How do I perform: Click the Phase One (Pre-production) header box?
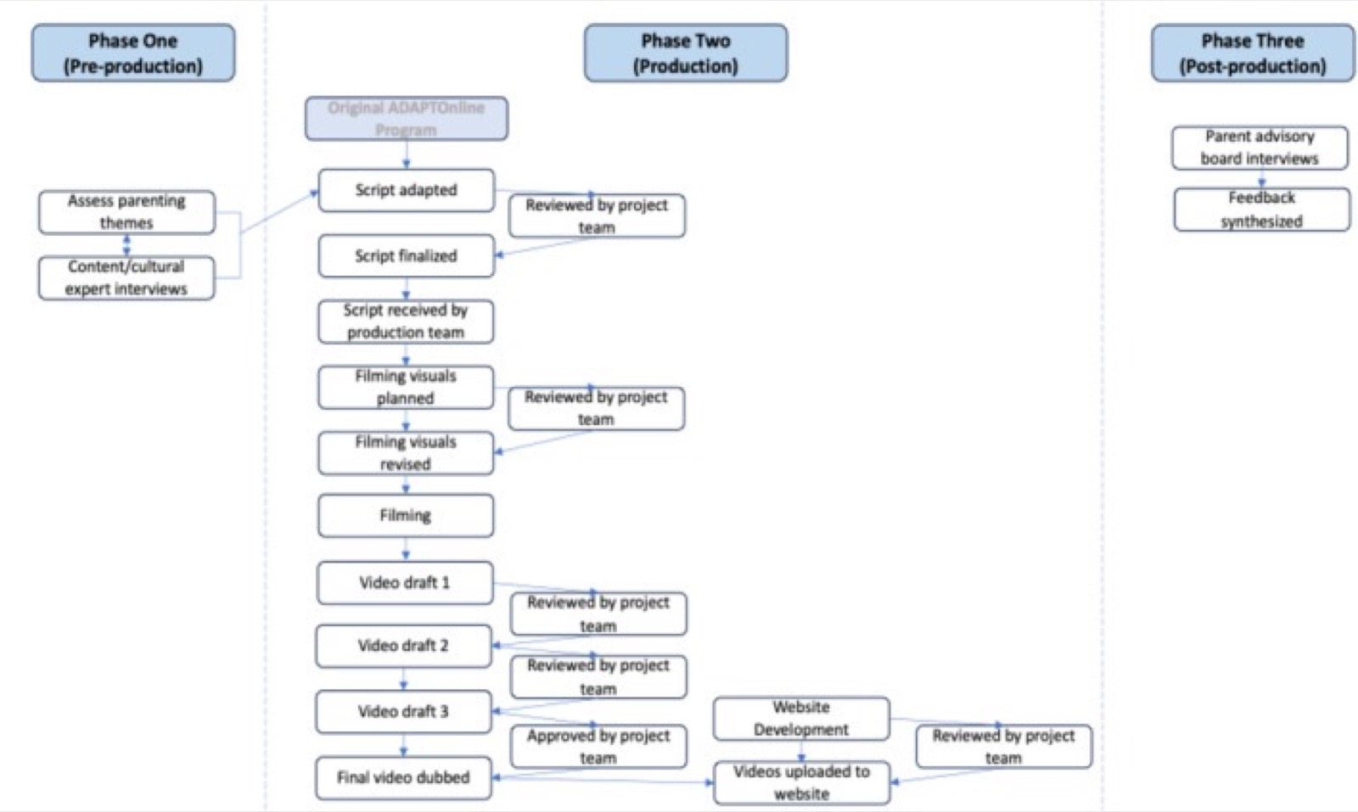(x=133, y=53)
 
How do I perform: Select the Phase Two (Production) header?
(x=686, y=53)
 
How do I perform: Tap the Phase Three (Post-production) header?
(x=1253, y=53)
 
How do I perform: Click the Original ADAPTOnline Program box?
(x=407, y=118)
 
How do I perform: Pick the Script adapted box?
(x=407, y=190)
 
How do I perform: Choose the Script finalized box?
(x=407, y=255)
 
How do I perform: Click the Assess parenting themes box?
(x=126, y=212)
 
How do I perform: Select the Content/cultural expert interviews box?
(x=126, y=278)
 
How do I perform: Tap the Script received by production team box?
(x=406, y=322)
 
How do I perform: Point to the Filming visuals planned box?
(x=406, y=387)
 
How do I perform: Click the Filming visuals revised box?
(x=406, y=453)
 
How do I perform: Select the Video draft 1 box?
(x=405, y=583)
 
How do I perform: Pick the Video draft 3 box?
(x=403, y=712)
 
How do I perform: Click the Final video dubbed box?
(x=403, y=778)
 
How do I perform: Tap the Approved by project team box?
(x=598, y=747)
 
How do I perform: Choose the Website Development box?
(x=801, y=719)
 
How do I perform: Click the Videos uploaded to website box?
(x=801, y=783)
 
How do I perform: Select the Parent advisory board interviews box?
(x=1260, y=148)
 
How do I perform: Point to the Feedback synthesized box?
(x=1261, y=210)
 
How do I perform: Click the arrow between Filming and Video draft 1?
(x=406, y=548)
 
